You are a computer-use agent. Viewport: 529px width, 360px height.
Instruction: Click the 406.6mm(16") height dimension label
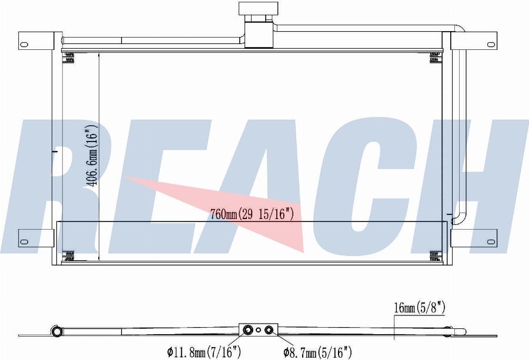(91, 156)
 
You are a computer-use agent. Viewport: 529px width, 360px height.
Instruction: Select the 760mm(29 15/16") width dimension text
(252, 215)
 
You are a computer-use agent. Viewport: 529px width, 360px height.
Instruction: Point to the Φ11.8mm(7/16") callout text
(204, 352)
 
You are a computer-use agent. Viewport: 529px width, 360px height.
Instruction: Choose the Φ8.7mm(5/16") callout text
(317, 352)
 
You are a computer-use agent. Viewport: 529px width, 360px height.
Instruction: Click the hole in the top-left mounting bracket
(24, 43)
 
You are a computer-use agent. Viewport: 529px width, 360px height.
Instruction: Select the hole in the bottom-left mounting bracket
(24, 241)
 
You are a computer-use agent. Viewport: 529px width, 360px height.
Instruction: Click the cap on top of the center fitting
(256, 9)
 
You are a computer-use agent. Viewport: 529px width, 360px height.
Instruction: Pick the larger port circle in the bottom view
(248, 331)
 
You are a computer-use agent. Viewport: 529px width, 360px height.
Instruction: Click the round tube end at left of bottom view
(56, 332)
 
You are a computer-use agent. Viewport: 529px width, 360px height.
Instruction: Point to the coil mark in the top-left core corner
(69, 57)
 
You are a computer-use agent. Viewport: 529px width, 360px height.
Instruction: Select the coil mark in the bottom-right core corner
(435, 256)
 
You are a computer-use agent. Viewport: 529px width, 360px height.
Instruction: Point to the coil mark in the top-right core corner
(435, 57)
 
